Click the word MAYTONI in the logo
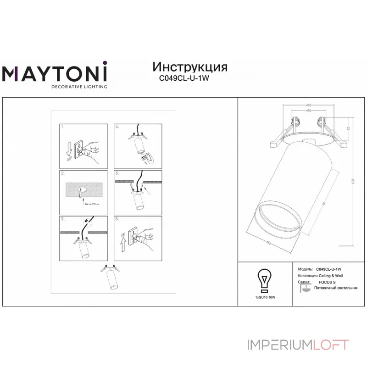[55, 73]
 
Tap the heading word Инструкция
[189, 67]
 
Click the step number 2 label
[63, 173]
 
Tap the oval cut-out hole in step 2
[83, 189]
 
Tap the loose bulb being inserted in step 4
[145, 159]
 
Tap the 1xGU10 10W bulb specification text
[265, 298]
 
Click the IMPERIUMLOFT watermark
[298, 345]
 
